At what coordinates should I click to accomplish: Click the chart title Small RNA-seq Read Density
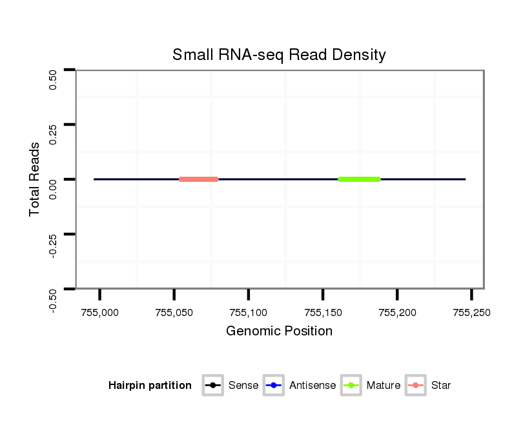click(279, 55)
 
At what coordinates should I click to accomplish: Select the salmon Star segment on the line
click(199, 179)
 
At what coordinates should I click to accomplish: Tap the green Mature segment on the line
click(360, 179)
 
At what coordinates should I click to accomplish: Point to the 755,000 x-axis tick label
click(100, 313)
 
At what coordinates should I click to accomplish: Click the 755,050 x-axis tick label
click(174, 313)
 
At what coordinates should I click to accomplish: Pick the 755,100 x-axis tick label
click(249, 313)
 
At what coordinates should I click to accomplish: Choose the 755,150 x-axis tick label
click(323, 313)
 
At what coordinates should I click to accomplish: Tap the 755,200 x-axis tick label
click(397, 313)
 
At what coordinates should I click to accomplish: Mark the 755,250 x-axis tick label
click(471, 313)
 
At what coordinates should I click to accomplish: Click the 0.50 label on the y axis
click(54, 80)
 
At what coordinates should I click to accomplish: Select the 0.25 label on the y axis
click(54, 135)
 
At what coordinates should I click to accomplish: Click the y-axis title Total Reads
click(36, 179)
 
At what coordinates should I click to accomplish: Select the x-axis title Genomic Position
click(279, 331)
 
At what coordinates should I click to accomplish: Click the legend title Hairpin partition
click(150, 386)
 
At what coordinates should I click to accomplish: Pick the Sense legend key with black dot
click(213, 386)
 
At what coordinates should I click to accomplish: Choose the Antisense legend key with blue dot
click(274, 386)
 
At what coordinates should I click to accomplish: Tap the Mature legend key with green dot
click(351, 386)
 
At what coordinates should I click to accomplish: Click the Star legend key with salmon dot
click(416, 386)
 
